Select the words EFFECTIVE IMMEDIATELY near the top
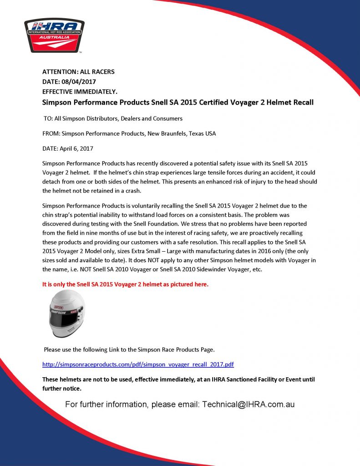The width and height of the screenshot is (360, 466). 80,91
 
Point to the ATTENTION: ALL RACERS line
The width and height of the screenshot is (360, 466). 78,71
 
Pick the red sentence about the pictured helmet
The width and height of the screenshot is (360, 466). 125,284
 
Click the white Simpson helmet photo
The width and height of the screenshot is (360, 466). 66,314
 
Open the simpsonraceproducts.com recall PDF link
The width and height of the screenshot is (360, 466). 138,365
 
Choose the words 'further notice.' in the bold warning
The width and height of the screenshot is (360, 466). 62,388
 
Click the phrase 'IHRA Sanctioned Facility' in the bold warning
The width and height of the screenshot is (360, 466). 228,379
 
